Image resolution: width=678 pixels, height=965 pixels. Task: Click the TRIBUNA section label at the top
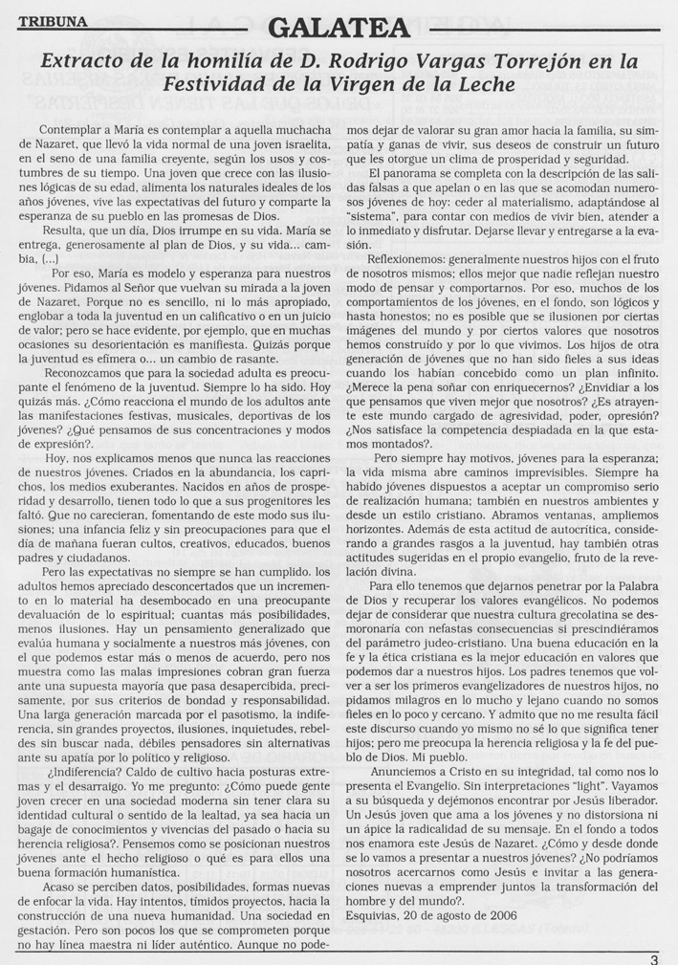pos(50,19)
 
